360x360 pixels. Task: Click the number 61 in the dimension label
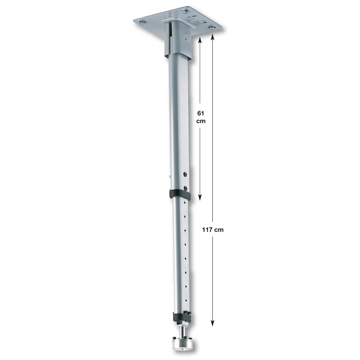coord(201,113)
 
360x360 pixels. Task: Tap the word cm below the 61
coord(201,121)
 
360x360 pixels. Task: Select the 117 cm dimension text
coord(213,230)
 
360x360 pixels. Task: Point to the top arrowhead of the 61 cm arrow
coord(200,40)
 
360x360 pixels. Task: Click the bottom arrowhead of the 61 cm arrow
coord(200,197)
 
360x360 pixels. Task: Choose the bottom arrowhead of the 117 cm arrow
coord(213,323)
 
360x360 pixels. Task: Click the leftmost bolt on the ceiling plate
coord(142,22)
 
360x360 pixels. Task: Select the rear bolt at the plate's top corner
coord(186,11)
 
